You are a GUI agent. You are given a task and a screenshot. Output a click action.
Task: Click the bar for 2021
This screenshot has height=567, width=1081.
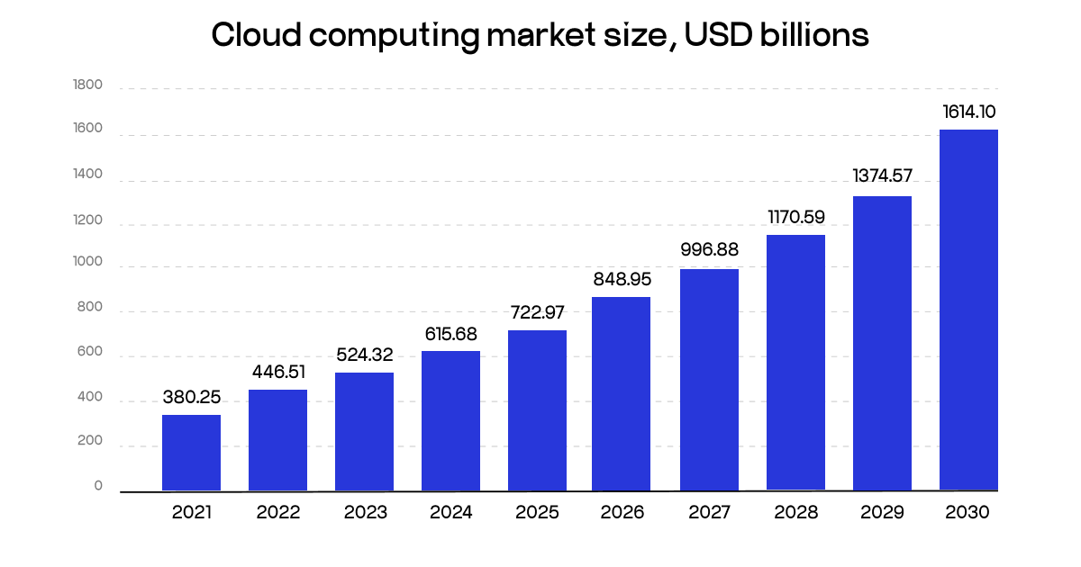191,453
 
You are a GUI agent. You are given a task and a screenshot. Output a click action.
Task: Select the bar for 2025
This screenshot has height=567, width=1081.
537,410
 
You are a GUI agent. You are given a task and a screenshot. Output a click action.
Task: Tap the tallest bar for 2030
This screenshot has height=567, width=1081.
968,310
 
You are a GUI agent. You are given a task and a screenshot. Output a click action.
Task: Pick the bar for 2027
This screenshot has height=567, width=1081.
709,380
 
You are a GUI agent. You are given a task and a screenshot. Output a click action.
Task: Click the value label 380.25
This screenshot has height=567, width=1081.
191,397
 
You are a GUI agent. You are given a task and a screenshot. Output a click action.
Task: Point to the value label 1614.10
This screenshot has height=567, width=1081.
968,112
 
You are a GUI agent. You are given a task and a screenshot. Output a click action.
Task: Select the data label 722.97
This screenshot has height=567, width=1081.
537,313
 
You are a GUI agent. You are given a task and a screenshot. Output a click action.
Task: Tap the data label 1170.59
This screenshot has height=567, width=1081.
795,217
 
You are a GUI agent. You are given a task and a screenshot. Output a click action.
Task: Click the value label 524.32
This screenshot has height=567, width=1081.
364,355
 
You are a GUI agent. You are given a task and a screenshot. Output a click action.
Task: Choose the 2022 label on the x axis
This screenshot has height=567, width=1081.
277,513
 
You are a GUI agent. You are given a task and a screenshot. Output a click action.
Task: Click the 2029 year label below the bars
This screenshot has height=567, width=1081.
882,513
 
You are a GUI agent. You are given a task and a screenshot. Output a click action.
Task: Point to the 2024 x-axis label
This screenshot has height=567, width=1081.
450,513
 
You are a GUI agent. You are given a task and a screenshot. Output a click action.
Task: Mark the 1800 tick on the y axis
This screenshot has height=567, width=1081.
88,85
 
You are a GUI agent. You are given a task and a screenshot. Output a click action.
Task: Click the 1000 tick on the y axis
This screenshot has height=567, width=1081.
88,264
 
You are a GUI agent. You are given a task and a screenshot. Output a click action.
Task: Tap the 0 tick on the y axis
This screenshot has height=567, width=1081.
98,486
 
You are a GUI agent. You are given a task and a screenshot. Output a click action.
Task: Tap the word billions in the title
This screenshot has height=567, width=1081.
820,35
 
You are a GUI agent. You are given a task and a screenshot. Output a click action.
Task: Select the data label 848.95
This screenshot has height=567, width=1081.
622,280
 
